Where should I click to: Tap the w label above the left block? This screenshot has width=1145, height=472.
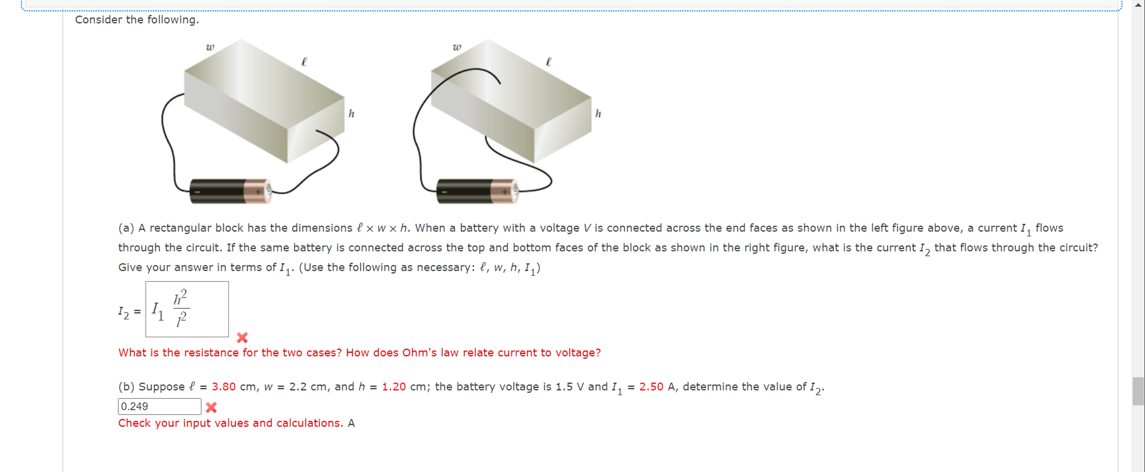[x=210, y=47]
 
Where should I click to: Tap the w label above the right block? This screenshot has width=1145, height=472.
[x=457, y=47]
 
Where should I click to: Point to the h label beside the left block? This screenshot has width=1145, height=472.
[x=351, y=114]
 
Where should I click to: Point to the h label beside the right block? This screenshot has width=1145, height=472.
[x=598, y=114]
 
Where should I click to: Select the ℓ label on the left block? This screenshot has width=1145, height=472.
[x=304, y=62]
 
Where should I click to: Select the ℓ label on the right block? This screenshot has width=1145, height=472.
[x=548, y=62]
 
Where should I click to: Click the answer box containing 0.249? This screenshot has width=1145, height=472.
[x=159, y=406]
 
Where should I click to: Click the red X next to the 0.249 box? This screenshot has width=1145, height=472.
[x=211, y=407]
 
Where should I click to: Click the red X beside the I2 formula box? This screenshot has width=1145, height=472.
[x=242, y=338]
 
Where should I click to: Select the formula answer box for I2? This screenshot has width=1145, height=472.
[x=187, y=309]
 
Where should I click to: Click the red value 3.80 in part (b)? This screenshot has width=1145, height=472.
[x=224, y=386]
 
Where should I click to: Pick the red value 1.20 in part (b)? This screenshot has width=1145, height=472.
[x=394, y=386]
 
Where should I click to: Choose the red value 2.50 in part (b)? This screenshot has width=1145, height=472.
[x=651, y=386]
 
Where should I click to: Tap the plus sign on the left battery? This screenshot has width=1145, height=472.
[x=258, y=192]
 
